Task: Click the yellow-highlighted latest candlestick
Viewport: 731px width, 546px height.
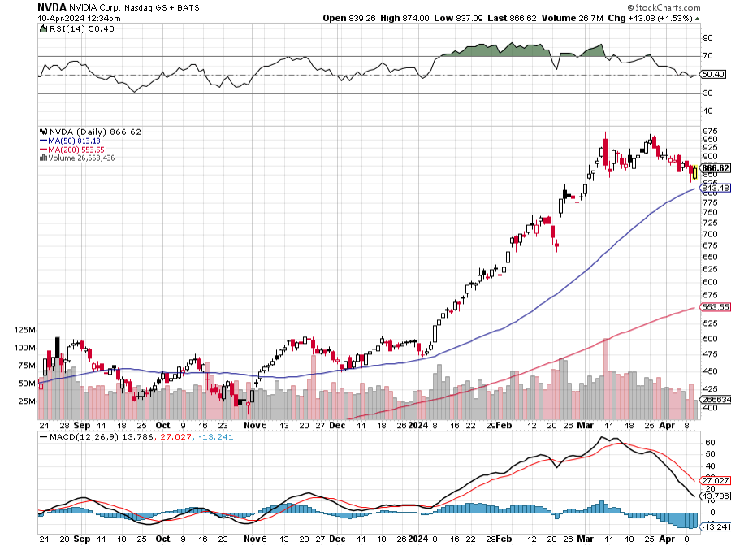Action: click(x=694, y=171)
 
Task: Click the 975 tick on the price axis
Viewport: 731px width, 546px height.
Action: click(x=710, y=131)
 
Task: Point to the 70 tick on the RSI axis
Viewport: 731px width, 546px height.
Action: click(x=707, y=56)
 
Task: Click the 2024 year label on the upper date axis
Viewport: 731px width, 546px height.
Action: click(x=417, y=424)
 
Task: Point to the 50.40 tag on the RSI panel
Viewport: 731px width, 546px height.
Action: click(x=712, y=74)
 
